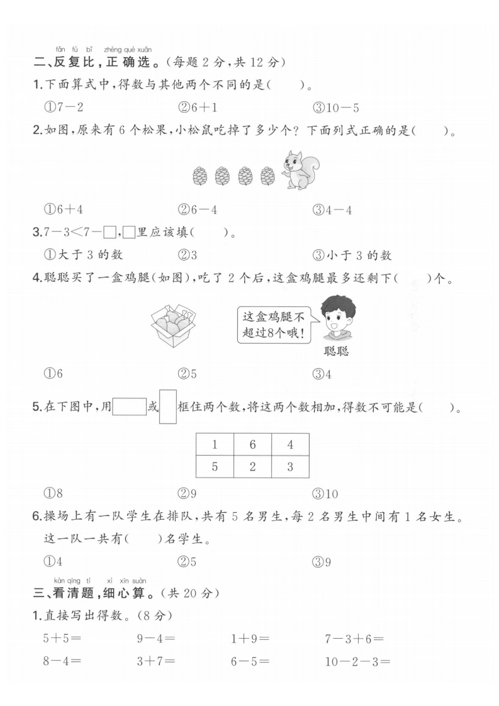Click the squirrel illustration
point(301,170)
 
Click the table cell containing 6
point(253,444)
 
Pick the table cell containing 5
point(215,466)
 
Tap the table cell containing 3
point(290,466)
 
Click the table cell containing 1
point(215,444)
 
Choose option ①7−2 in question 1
point(64,108)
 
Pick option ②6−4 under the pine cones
point(197,210)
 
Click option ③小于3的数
point(352,255)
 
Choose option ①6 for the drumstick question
point(53,373)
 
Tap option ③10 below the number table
point(325,494)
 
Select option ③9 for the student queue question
point(322,562)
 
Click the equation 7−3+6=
point(354,639)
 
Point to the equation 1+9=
point(250,639)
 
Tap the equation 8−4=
point(62,661)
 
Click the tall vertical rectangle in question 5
point(168,406)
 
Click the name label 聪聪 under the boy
point(336,350)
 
